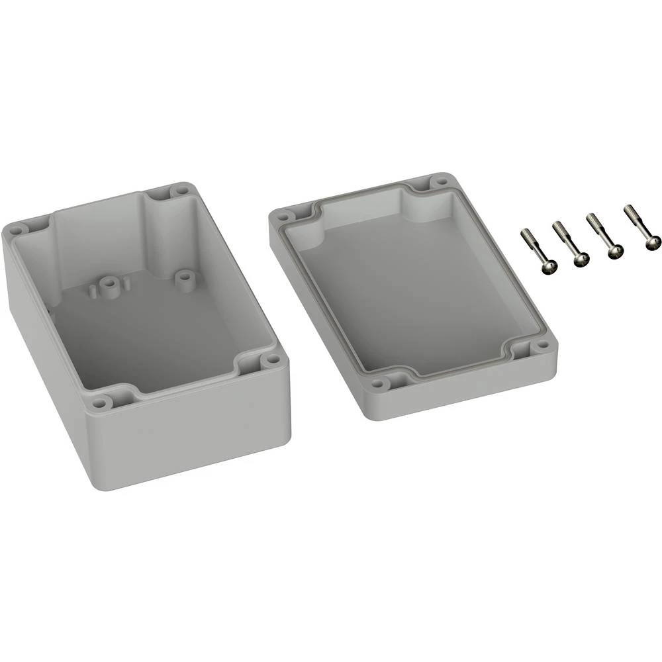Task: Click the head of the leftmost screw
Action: pos(549,266)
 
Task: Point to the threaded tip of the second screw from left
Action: pos(557,226)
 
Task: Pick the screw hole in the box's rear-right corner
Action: pos(179,191)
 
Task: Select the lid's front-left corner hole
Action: pos(379,383)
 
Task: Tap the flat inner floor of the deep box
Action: pos(152,338)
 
